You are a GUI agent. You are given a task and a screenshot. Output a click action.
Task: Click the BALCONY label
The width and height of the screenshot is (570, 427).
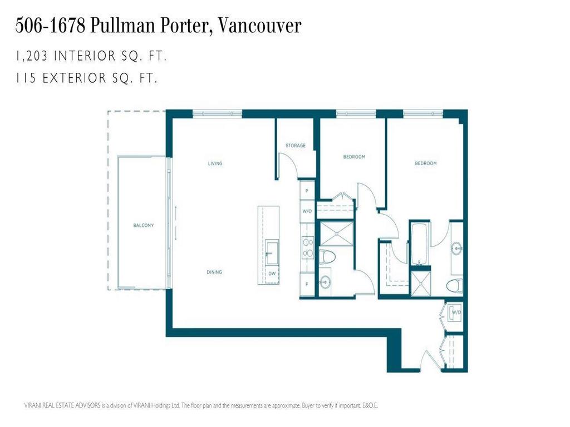click(x=143, y=225)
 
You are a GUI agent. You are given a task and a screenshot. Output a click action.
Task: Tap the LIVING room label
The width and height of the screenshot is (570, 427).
click(x=215, y=163)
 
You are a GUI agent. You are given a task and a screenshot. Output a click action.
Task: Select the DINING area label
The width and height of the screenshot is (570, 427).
click(x=214, y=272)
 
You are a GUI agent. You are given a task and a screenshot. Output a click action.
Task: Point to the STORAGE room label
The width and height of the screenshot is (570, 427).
click(x=296, y=146)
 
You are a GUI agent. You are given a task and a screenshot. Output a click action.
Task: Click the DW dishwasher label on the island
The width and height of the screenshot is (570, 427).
click(x=272, y=274)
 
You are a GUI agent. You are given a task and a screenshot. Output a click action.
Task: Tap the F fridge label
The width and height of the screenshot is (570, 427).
click(x=306, y=284)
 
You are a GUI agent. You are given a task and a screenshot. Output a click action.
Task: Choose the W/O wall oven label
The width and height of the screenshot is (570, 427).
click(x=306, y=211)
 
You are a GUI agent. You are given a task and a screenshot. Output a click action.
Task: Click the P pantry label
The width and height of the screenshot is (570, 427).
click(x=306, y=191)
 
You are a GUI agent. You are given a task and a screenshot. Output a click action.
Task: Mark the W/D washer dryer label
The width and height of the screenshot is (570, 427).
click(x=456, y=312)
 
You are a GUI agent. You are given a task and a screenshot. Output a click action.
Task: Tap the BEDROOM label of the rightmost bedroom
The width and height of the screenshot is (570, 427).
click(x=425, y=163)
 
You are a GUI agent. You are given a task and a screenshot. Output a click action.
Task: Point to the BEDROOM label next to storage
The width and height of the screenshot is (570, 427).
click(x=353, y=157)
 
